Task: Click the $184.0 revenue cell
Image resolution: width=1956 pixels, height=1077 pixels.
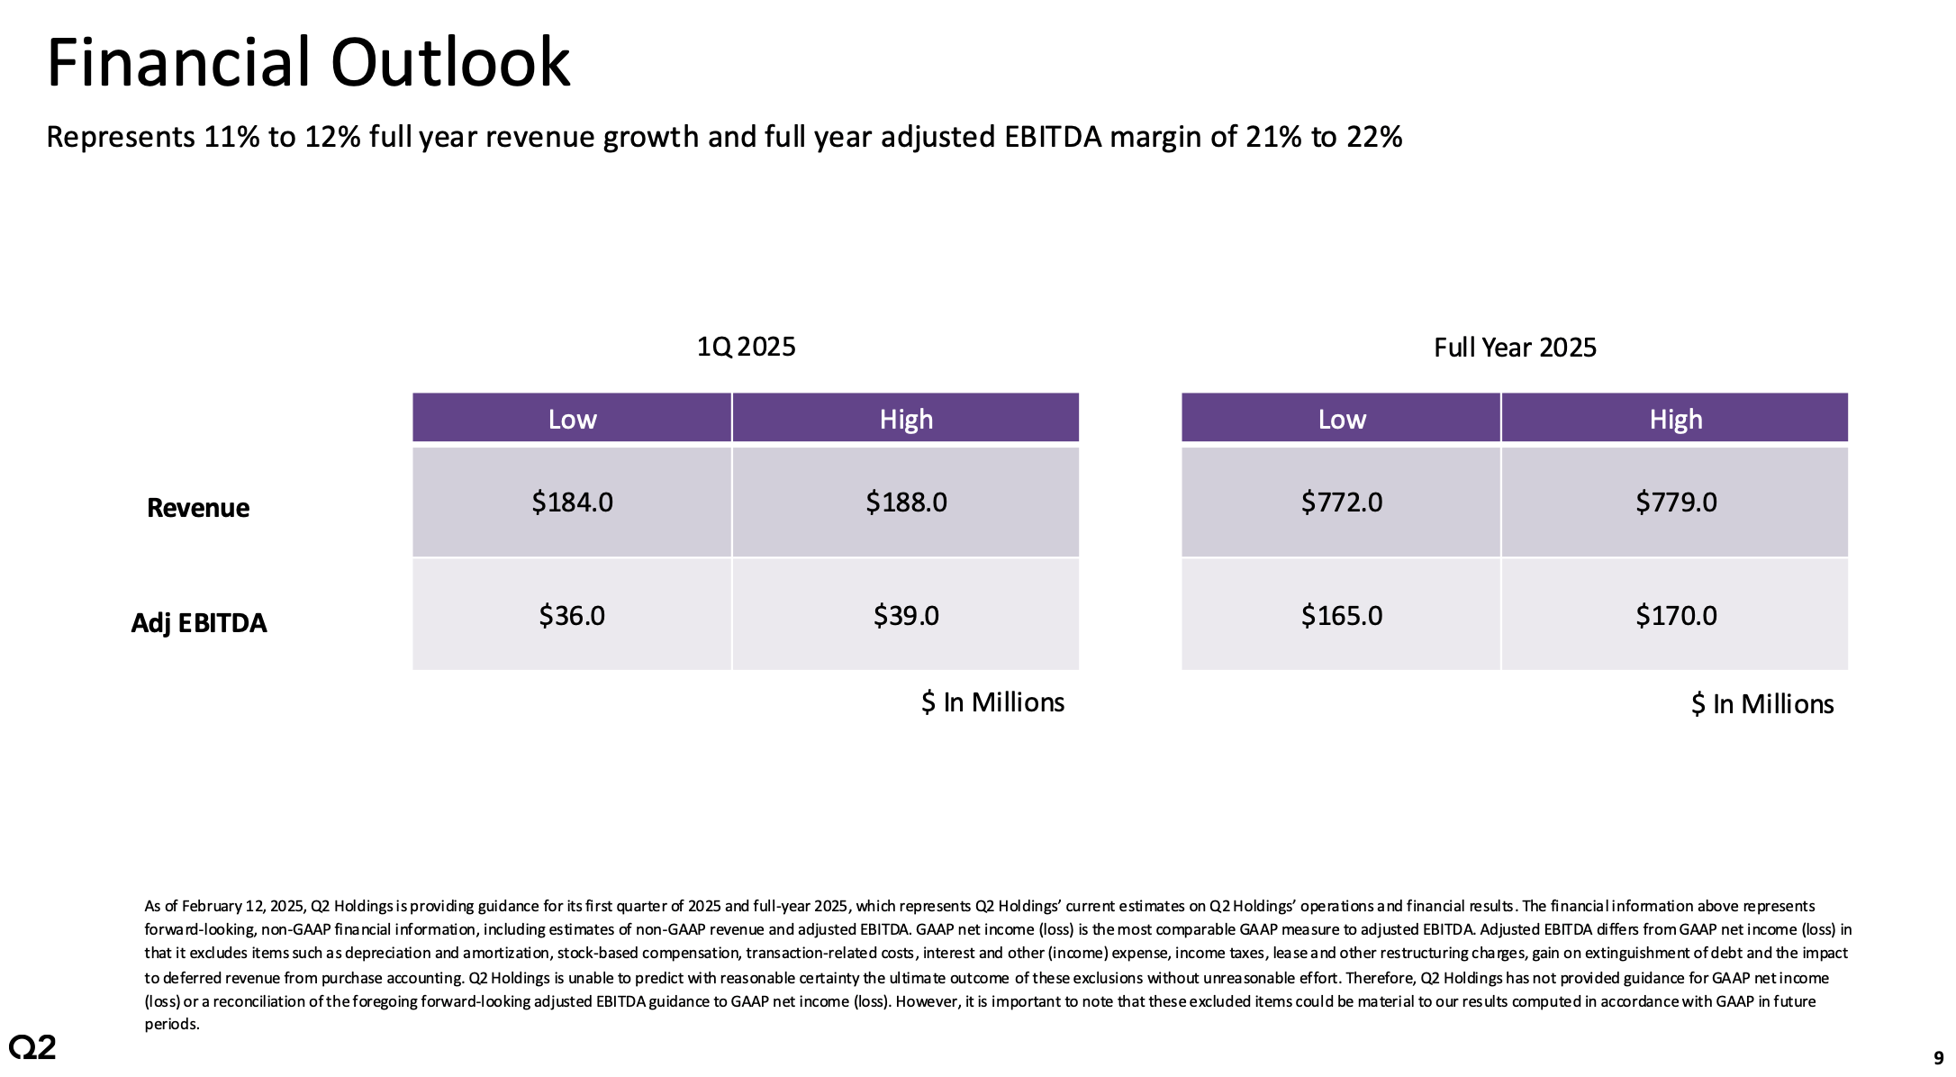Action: (x=572, y=502)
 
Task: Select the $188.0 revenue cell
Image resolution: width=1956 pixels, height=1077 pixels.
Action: (x=906, y=502)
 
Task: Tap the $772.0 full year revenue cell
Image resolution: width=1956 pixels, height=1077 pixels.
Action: (x=1341, y=502)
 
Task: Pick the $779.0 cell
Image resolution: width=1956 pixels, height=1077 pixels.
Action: (x=1675, y=502)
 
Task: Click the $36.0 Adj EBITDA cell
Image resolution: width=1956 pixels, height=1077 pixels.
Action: (x=572, y=615)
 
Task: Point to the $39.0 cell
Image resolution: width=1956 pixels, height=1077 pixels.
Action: (x=906, y=615)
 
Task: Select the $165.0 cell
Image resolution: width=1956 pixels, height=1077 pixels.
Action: (x=1341, y=615)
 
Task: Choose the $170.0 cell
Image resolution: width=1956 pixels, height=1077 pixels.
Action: (x=1675, y=615)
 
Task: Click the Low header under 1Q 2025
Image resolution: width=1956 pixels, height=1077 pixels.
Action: (x=572, y=419)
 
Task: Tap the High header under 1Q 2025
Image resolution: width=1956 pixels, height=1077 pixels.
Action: (x=906, y=419)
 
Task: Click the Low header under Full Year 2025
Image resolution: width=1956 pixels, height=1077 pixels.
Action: (x=1341, y=419)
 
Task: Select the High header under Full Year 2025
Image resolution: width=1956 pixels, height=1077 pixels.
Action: (x=1675, y=419)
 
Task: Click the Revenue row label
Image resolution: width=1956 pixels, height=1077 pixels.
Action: (x=198, y=508)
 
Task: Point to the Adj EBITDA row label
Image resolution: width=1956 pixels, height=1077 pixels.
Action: (x=199, y=622)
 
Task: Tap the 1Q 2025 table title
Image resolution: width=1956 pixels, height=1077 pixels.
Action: (x=746, y=347)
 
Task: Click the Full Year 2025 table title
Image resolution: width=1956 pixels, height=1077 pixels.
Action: (x=1515, y=348)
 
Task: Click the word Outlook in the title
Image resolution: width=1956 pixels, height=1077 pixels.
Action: (x=450, y=63)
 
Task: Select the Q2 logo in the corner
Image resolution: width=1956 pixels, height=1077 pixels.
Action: (x=32, y=1046)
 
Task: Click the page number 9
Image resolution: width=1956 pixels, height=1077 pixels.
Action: (x=1938, y=1058)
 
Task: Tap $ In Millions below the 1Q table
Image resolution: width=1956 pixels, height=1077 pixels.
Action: (x=992, y=702)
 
